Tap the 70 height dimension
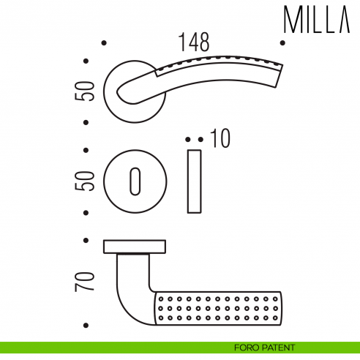tap(87, 282)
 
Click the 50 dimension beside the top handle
tap(87, 91)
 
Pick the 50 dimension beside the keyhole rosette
tap(87, 180)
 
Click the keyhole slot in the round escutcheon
tap(135, 181)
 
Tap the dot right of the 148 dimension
tap(283, 43)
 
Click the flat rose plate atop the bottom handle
tap(135, 246)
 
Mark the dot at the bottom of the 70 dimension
tap(87, 325)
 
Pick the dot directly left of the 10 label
tap(200, 138)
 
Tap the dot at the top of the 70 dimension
tap(87, 239)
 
